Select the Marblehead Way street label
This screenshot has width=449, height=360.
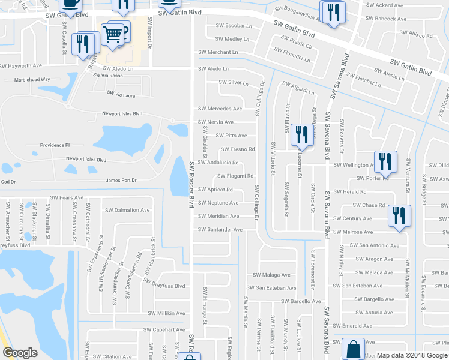tap(25, 79)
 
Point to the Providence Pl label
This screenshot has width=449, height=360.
tap(55, 145)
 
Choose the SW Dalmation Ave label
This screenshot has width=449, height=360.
tap(127, 211)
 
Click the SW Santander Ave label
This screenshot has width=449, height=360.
tap(220, 230)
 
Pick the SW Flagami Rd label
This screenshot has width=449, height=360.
tap(236, 176)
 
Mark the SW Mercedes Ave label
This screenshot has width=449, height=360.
tap(220, 109)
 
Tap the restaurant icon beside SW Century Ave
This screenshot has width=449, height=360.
tap(399, 216)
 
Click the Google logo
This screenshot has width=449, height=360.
tap(20, 353)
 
